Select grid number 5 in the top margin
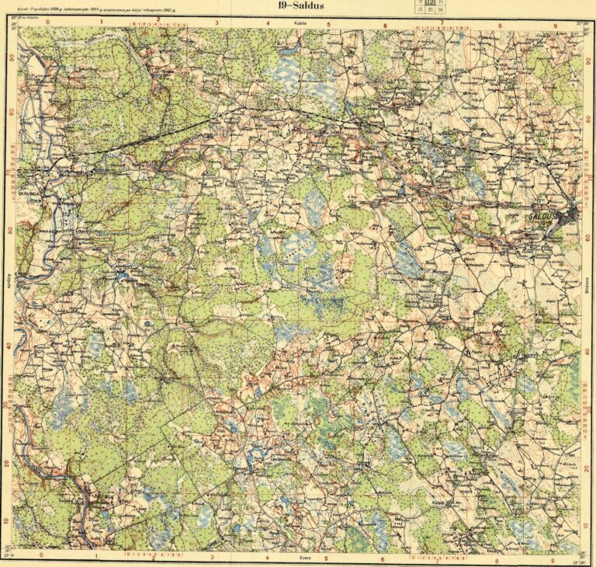[328, 23]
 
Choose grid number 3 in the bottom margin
[214, 557]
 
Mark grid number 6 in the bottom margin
[383, 557]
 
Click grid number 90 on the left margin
[11, 58]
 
